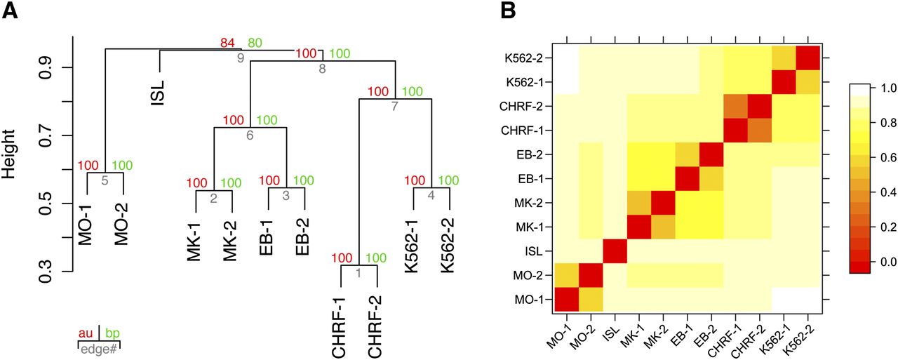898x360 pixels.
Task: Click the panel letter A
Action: tap(10, 11)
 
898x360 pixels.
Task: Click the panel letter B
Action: tap(508, 11)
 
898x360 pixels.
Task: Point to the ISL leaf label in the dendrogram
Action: tap(158, 93)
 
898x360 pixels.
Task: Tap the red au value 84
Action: tap(227, 43)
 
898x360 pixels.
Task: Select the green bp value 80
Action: tap(255, 43)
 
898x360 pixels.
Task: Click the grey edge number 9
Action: tap(241, 58)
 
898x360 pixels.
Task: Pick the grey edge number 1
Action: tap(358, 273)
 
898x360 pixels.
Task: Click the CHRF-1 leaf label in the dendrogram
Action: tap(339, 328)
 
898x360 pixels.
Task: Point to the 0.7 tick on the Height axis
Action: tap(46, 135)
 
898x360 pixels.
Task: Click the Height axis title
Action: tap(9, 154)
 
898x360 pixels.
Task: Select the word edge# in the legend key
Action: tap(99, 349)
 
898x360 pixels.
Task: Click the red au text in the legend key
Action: tap(86, 333)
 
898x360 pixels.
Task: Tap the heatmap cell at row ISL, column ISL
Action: tap(615, 251)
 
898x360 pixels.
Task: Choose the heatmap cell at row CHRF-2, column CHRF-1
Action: tap(736, 106)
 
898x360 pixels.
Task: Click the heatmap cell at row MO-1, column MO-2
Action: tap(591, 300)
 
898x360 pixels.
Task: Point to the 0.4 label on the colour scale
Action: tap(887, 192)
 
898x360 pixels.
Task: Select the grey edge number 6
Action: tap(250, 135)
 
